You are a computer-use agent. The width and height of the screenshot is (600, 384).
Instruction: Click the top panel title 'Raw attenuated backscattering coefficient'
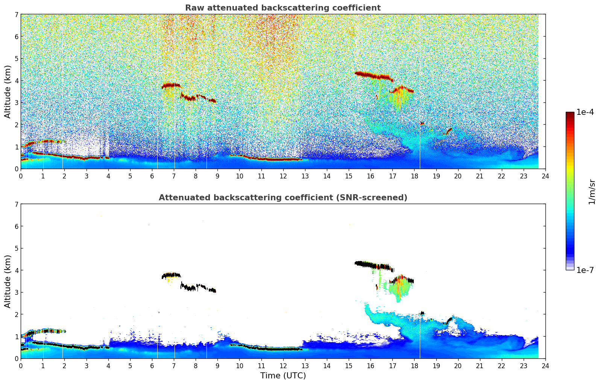tap(283, 8)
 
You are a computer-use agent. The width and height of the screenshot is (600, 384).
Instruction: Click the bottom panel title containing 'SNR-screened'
tap(283, 198)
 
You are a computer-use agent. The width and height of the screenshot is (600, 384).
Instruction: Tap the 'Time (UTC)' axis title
tap(283, 376)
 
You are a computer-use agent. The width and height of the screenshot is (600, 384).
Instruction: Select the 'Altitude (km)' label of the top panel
tap(8, 91)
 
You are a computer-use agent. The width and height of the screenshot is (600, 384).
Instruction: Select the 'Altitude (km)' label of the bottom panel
tap(8, 281)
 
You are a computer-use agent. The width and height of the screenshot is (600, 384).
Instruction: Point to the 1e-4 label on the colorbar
tap(585, 112)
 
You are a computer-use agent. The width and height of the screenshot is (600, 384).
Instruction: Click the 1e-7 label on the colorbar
tap(585, 270)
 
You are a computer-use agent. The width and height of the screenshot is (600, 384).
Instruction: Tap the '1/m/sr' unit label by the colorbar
tap(592, 192)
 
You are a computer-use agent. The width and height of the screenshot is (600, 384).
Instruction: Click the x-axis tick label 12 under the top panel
tap(283, 176)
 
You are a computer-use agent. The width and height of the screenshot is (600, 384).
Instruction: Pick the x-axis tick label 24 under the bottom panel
tap(545, 366)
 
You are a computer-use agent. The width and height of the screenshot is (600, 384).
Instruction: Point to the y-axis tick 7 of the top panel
tap(17, 15)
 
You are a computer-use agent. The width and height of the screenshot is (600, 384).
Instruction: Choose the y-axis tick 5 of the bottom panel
tap(17, 248)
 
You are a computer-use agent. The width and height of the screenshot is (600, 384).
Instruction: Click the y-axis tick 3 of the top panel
tap(17, 103)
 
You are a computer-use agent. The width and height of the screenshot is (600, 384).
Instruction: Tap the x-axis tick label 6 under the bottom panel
tap(152, 366)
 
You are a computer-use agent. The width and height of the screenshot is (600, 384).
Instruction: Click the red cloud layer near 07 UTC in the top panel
tap(171, 85)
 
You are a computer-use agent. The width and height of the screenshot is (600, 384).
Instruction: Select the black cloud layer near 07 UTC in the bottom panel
tap(171, 275)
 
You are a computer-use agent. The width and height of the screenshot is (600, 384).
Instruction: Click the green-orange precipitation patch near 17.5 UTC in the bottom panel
tap(399, 288)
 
